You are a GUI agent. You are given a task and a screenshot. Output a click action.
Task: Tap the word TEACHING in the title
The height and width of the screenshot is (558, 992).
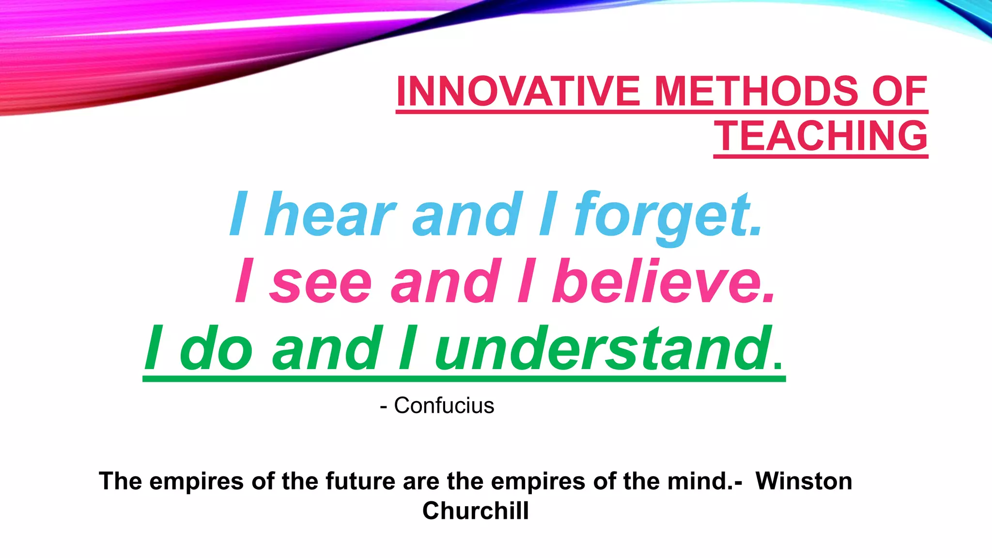(x=821, y=136)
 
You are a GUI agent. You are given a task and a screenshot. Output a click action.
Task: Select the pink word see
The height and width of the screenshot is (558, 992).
(x=320, y=282)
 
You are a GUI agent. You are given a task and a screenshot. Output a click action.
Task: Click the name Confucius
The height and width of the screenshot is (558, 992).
(x=444, y=405)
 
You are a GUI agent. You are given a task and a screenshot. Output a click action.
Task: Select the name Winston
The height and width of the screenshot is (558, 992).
(x=804, y=481)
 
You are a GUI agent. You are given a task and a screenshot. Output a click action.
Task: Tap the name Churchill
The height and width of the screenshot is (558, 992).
(x=475, y=511)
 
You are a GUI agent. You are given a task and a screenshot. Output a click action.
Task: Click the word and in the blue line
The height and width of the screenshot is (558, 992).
(x=467, y=214)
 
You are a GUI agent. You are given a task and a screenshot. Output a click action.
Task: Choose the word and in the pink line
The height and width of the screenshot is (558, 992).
(x=446, y=282)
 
